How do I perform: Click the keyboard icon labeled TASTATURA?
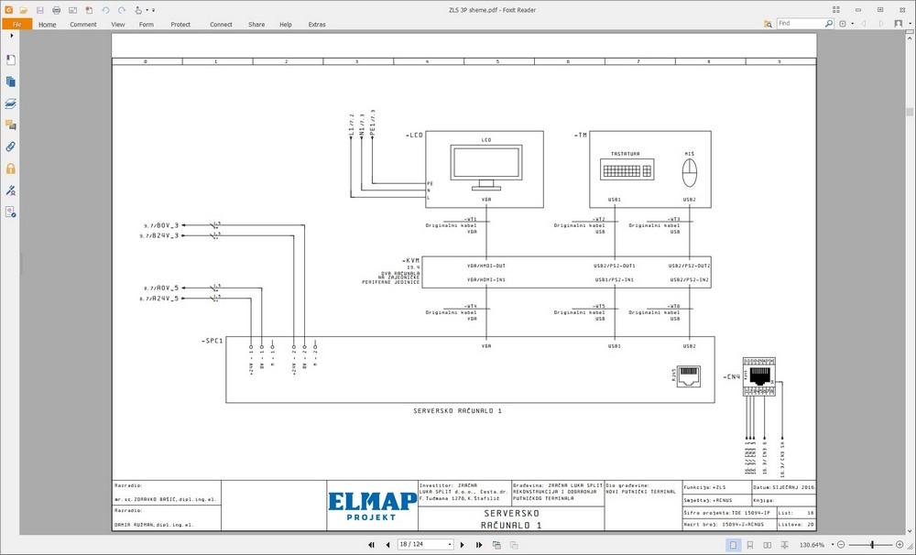tap(627, 169)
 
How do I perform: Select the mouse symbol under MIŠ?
tap(690, 171)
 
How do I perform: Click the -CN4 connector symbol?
tap(759, 376)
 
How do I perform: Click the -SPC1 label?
tap(212, 341)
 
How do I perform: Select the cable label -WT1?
tap(471, 220)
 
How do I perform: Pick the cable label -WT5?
tap(600, 306)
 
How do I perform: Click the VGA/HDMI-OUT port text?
tap(485, 266)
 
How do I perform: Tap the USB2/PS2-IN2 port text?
tap(689, 279)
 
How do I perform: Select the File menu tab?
tap(16, 25)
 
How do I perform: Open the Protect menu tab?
tap(180, 25)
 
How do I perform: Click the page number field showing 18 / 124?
tap(425, 545)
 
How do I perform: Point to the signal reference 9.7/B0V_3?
tap(161, 225)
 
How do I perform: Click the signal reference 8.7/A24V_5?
tap(161, 299)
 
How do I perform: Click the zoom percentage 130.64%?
tap(813, 545)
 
